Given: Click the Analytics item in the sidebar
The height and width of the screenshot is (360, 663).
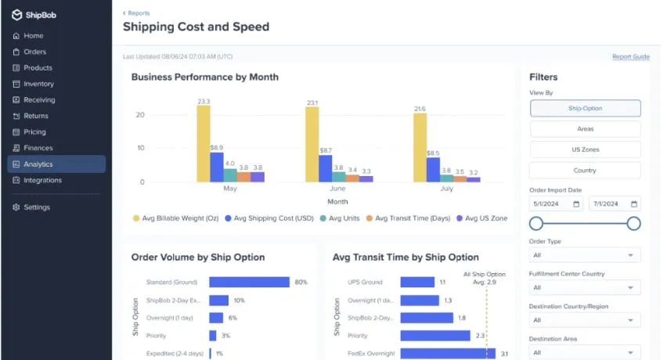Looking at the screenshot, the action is [56, 164].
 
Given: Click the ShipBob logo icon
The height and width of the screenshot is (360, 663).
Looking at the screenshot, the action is [16, 15].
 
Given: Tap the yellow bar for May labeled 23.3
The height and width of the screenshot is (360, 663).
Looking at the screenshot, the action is [204, 144].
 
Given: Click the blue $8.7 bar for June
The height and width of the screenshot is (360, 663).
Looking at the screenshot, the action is [325, 168].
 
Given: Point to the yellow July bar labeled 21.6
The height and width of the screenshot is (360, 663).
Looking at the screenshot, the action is [420, 147].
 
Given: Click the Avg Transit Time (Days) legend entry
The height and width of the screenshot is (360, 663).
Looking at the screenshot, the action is [408, 218].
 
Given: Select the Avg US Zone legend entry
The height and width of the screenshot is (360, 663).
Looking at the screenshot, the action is [482, 218].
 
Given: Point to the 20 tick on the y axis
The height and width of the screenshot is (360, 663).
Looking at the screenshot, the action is [140, 115].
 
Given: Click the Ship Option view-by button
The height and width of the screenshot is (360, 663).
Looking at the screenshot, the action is [586, 108].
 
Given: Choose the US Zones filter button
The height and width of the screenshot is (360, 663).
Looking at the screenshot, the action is [586, 149].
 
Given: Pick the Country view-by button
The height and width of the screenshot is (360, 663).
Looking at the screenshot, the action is [586, 171].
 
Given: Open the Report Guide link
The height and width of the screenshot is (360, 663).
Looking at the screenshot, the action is [631, 56].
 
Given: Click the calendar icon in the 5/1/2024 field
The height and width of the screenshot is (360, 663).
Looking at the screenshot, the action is [576, 204].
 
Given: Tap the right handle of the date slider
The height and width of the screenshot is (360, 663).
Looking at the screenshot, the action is [633, 224].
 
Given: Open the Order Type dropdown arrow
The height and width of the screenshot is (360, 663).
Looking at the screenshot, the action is [630, 255].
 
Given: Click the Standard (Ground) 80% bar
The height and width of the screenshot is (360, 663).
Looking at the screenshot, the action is [250, 282].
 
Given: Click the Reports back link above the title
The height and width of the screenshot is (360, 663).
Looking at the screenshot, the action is [136, 13].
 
